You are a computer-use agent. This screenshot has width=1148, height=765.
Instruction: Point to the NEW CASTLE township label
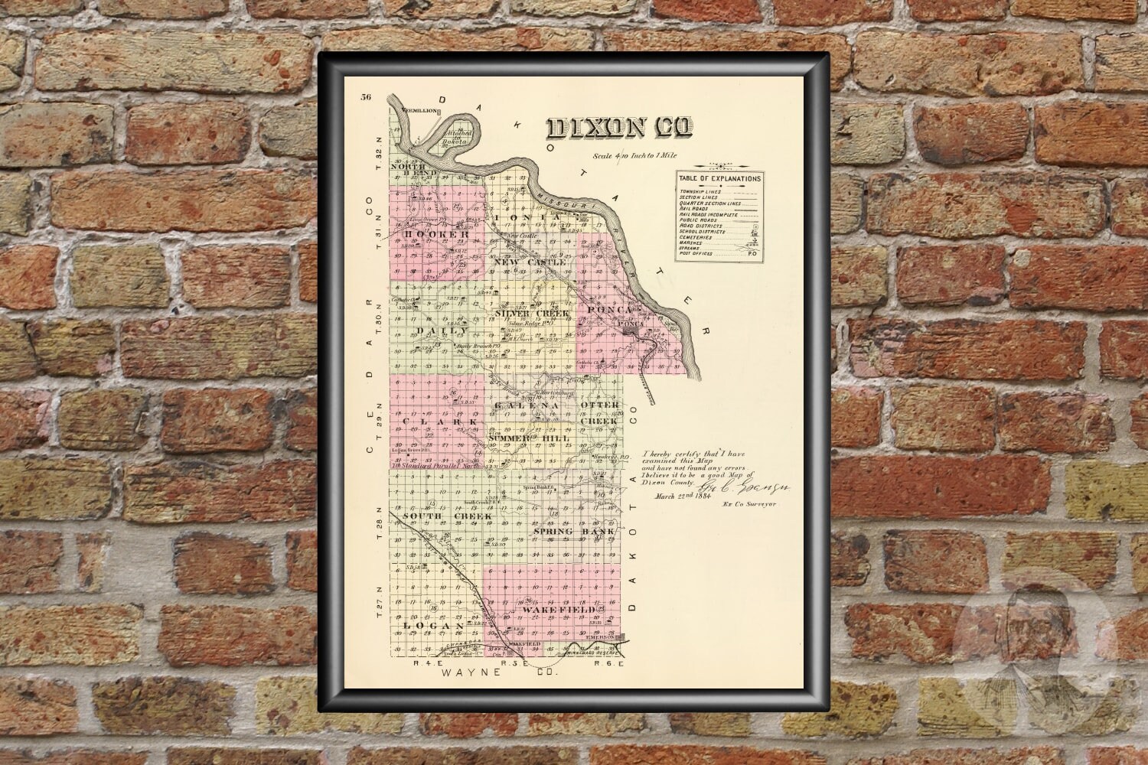pyautogui.click(x=530, y=262)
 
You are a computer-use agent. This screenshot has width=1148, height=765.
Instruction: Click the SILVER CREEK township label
pyautogui.click(x=532, y=313)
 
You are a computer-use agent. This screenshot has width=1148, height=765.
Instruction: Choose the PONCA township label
pyautogui.click(x=610, y=310)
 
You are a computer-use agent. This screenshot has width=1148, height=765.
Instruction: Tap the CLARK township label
pyautogui.click(x=441, y=422)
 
